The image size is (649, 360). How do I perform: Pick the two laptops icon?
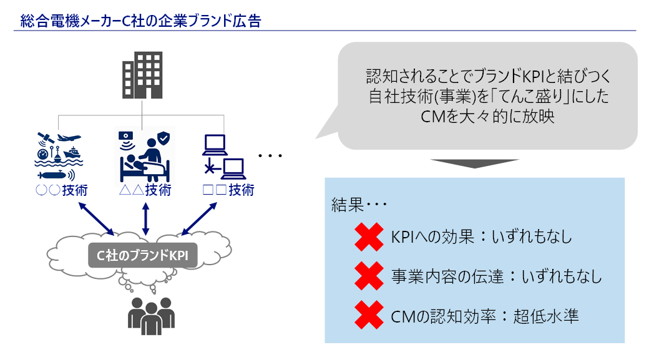click(x=222, y=157)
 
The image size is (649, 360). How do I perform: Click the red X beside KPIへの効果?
click(x=368, y=236)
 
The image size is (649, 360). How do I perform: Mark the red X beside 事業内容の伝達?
click(x=368, y=276)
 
